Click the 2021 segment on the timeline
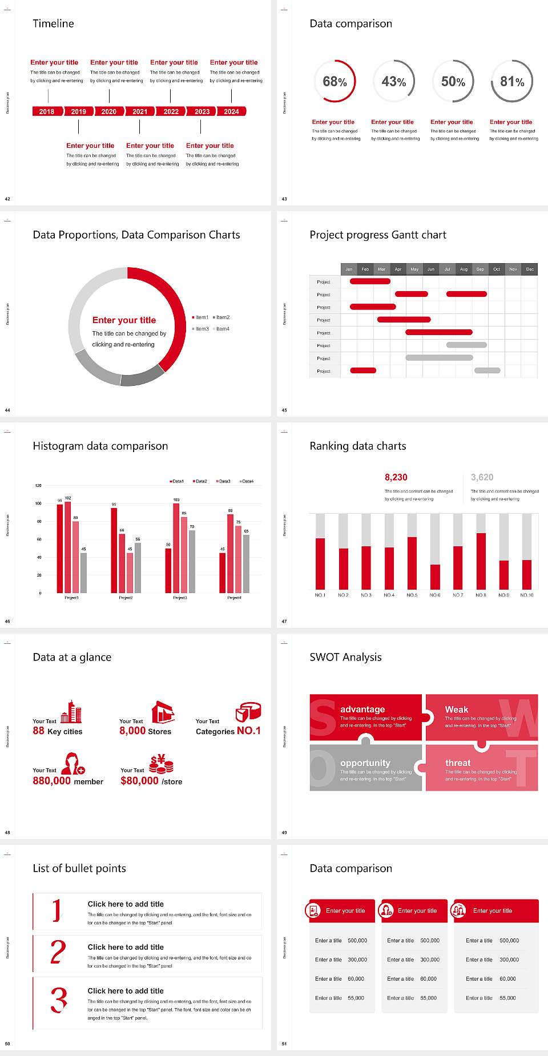[x=140, y=112]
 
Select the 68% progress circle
[x=335, y=82]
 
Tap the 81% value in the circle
[x=512, y=82]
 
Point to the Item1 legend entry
[x=201, y=317]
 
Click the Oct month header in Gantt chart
[x=497, y=269]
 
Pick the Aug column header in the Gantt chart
[x=464, y=269]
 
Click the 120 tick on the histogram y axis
[x=38, y=486]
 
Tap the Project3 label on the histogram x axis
[x=180, y=598]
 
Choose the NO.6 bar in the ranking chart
[x=435, y=577]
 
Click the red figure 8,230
[x=396, y=477]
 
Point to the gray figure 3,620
[x=482, y=477]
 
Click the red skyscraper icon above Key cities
[x=71, y=712]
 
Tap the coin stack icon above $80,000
[x=162, y=764]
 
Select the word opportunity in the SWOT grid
[x=365, y=763]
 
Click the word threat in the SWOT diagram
[x=458, y=763]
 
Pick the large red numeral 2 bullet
[x=58, y=952]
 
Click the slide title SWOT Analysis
[x=345, y=657]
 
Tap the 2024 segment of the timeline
[x=232, y=112]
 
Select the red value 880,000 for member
[x=52, y=781]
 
